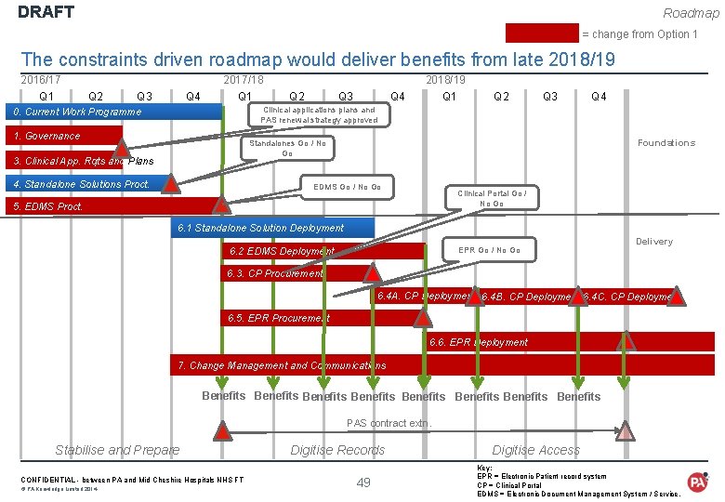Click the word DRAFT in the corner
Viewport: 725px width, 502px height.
click(46, 13)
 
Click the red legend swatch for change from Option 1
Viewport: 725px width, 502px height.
click(542, 34)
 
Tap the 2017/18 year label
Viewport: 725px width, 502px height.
click(244, 81)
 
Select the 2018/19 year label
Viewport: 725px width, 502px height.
click(445, 81)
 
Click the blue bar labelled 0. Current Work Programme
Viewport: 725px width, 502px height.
click(112, 112)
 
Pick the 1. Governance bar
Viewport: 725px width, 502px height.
click(61, 136)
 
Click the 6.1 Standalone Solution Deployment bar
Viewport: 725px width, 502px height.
click(274, 228)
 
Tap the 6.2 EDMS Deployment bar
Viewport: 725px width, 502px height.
click(325, 251)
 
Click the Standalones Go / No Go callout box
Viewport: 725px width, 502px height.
click(287, 148)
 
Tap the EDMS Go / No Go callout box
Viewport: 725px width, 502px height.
click(347, 187)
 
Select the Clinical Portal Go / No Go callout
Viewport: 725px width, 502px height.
click(492, 198)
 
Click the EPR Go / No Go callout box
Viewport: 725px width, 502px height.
click(489, 250)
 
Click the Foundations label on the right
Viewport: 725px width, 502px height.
click(666, 143)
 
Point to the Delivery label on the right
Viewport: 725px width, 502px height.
click(653, 242)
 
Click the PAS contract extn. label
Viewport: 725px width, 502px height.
click(389, 424)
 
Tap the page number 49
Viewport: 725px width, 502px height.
click(363, 482)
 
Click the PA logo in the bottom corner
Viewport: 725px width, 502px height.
click(697, 481)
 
